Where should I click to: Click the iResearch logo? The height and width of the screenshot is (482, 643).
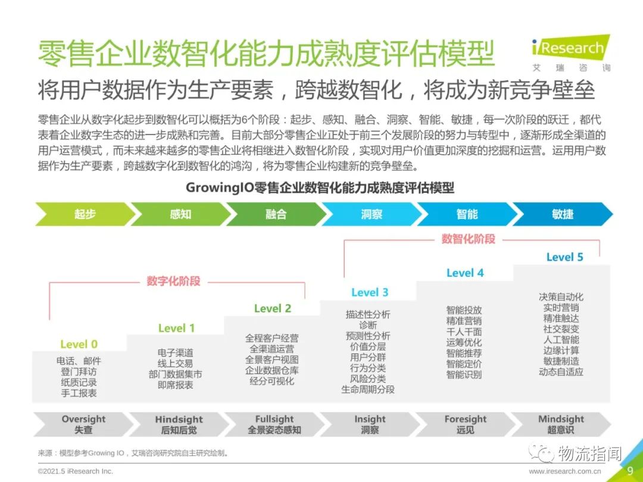(571, 54)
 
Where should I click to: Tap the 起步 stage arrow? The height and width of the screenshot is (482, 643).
(85, 214)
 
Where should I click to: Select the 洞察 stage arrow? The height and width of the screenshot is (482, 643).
(372, 214)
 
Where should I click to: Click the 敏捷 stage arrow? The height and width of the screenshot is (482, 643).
(563, 214)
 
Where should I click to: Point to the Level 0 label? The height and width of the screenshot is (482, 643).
(79, 345)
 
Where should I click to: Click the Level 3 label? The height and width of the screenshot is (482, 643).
(370, 292)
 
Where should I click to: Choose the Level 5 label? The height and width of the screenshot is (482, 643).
(564, 257)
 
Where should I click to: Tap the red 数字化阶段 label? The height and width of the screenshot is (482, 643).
(173, 281)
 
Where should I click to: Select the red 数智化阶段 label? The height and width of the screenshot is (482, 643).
(469, 239)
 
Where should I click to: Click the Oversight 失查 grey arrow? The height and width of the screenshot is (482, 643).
(84, 424)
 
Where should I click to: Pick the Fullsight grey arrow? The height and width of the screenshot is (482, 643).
(274, 424)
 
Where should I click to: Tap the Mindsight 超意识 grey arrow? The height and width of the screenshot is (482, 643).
(561, 424)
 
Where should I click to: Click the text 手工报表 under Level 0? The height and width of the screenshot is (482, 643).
(79, 393)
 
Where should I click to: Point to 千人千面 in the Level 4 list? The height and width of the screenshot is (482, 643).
(464, 331)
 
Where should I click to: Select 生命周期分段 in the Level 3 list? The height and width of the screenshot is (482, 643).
(368, 389)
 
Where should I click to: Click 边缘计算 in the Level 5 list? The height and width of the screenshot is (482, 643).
(561, 350)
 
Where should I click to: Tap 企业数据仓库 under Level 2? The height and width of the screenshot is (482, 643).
(272, 371)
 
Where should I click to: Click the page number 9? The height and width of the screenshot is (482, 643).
(630, 470)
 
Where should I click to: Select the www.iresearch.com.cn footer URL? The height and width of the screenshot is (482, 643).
(564, 471)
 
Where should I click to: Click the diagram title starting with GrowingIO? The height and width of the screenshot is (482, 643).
(320, 187)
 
